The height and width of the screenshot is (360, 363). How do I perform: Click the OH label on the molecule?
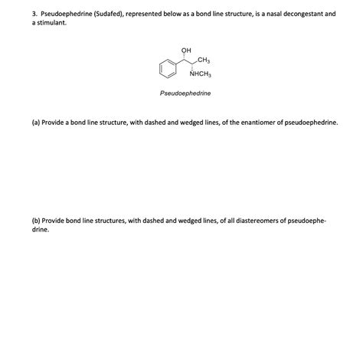tap(185, 51)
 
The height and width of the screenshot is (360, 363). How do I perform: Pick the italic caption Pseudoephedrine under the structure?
tap(185, 93)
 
